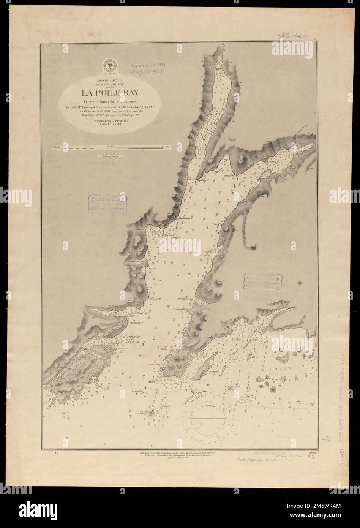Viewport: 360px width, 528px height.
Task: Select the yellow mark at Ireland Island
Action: point(151,412)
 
